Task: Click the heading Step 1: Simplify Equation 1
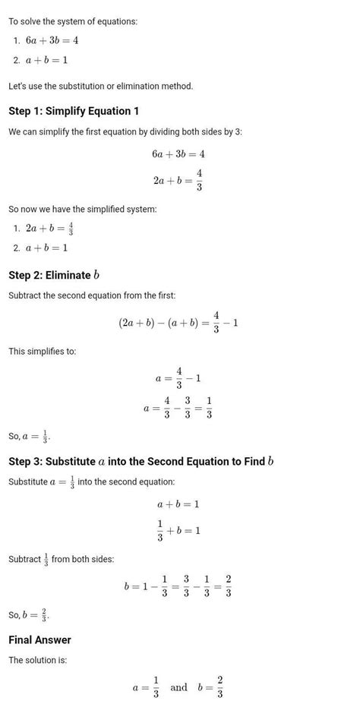(74, 111)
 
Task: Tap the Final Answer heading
(39, 639)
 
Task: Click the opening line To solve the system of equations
(73, 21)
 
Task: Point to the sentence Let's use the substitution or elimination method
(100, 86)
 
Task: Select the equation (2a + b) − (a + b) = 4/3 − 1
(179, 323)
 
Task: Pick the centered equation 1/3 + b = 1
(178, 530)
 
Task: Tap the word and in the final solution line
(178, 687)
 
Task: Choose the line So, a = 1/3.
(30, 437)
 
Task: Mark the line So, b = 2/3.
(30, 614)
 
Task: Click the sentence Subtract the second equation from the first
(92, 295)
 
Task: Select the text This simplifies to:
(43, 351)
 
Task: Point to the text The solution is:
(38, 660)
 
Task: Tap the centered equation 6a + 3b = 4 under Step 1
(178, 153)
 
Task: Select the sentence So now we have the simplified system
(82, 209)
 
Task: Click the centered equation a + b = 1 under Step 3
(178, 504)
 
